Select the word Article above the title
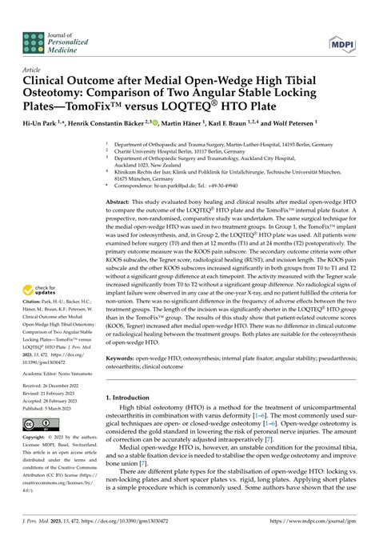click(x=32, y=70)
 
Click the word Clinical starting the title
click(x=46, y=80)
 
